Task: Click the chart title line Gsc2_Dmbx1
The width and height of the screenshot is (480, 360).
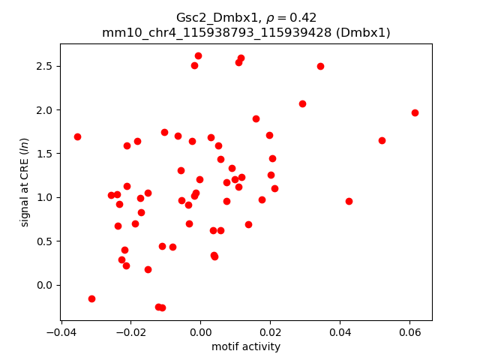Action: click(246, 17)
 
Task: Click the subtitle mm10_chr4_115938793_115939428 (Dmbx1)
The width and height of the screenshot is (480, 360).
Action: click(246, 32)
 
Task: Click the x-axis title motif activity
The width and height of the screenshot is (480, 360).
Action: click(246, 346)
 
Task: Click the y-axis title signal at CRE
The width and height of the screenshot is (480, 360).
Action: click(25, 182)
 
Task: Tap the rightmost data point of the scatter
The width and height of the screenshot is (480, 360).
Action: click(415, 112)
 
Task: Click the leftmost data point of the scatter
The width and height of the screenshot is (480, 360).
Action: click(77, 136)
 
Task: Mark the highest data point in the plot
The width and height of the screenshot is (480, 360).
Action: click(198, 55)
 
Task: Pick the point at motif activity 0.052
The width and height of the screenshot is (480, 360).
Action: click(382, 140)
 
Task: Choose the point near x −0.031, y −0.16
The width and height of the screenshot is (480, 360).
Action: click(91, 298)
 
